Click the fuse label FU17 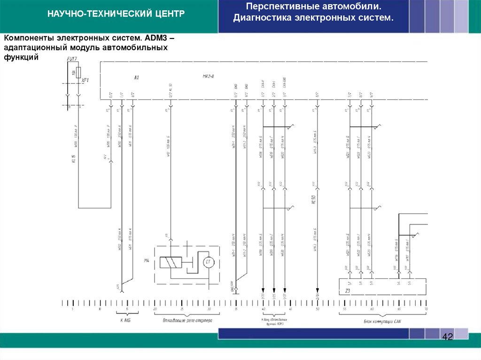[72, 59]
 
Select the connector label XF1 [85, 80]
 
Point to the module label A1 [137, 77]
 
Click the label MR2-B [208, 76]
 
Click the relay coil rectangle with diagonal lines [171, 262]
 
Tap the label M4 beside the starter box [147, 260]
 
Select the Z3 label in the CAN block [348, 291]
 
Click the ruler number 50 [318, 309]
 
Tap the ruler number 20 [155, 309]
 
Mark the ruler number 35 [236, 309]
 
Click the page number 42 [447, 337]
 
